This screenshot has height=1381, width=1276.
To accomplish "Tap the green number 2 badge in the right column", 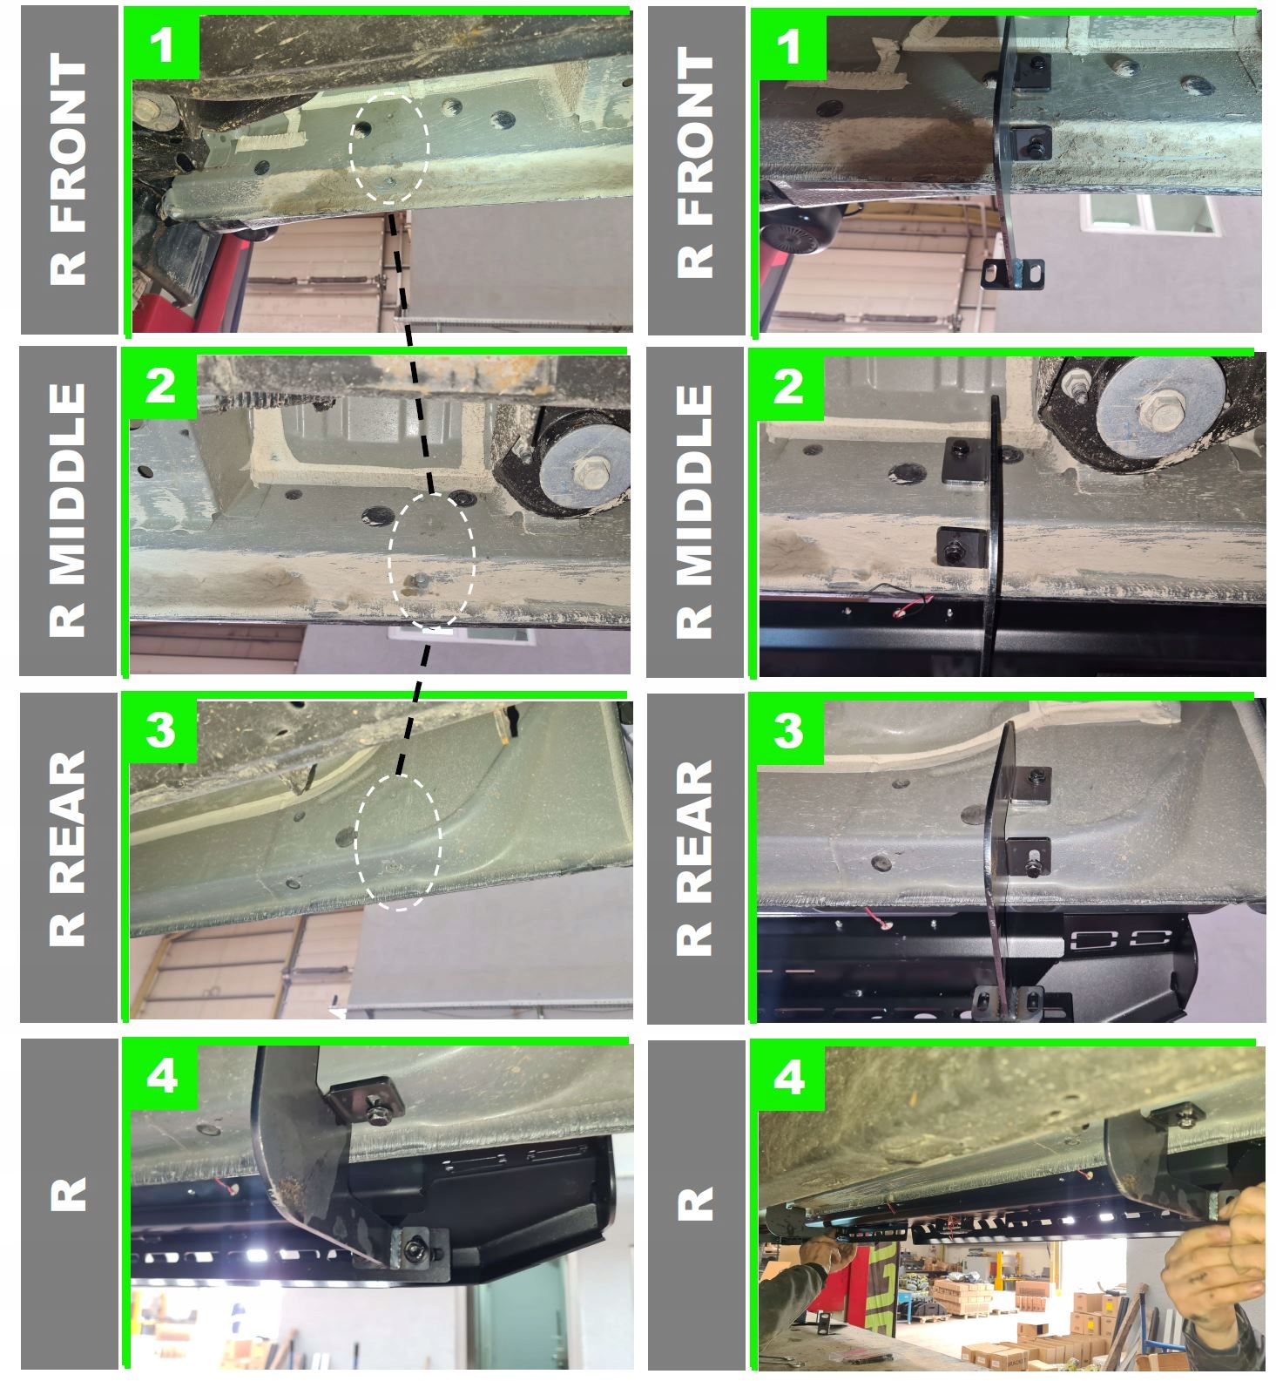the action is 787,386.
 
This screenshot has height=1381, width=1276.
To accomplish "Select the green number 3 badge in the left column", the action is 160,729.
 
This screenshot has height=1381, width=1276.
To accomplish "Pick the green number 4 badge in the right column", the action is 787,1078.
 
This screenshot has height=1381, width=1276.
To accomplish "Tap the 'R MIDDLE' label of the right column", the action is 694,511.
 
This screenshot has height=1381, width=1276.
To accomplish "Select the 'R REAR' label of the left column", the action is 68,849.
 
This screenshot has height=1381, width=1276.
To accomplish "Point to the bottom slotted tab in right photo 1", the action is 1012,274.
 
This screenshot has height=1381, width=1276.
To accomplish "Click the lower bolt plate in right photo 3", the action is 1029,856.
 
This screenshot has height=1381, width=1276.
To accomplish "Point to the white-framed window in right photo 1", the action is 1149,213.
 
